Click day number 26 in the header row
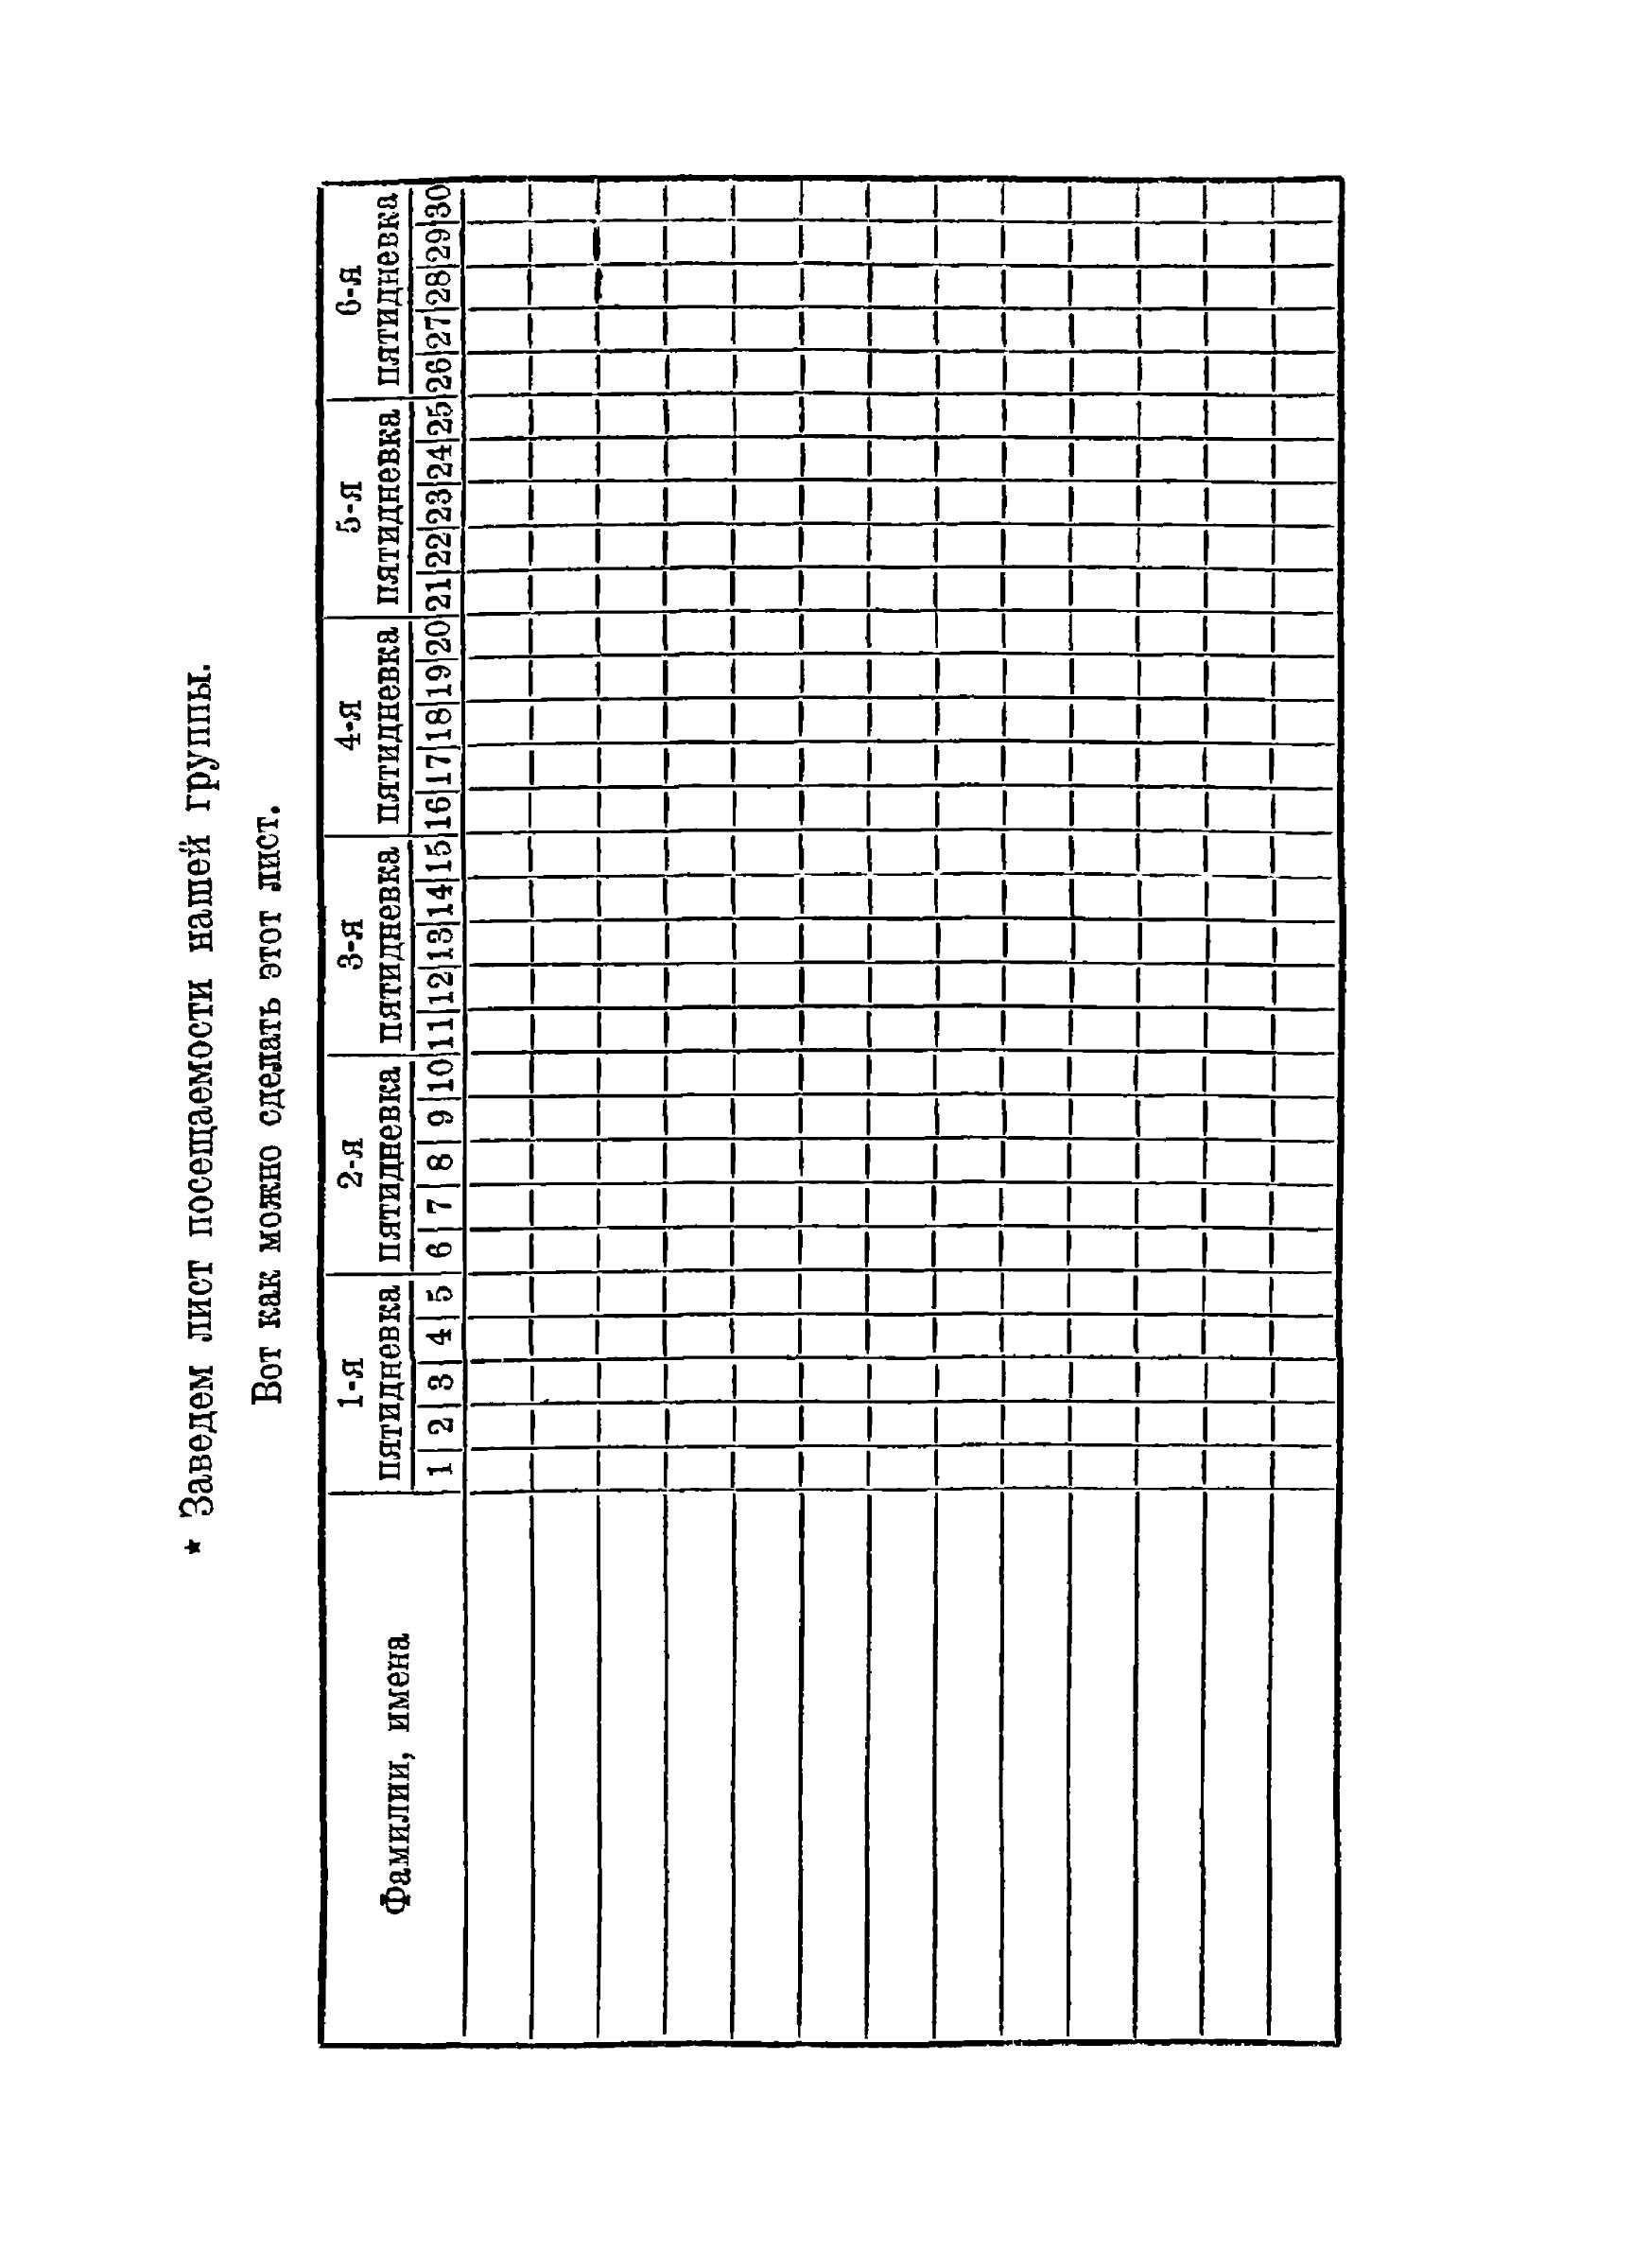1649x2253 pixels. coord(443,375)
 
